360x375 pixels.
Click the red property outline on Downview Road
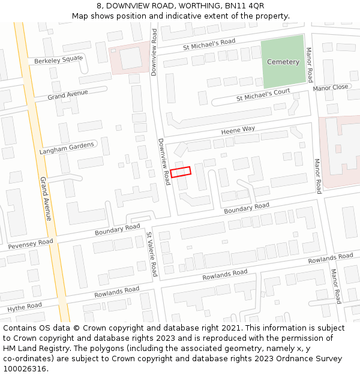[x=181, y=172]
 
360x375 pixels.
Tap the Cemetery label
[x=283, y=62]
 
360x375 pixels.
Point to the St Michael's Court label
[x=263, y=94]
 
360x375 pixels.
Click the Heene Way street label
[x=238, y=129]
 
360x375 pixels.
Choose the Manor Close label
[x=330, y=88]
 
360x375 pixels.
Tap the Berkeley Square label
[x=58, y=60]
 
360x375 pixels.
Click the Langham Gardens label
[x=67, y=148]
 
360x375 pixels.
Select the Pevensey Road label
[x=30, y=244]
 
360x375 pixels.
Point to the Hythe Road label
[x=25, y=307]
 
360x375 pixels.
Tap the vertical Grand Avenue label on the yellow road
[x=46, y=198]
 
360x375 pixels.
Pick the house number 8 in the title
[x=98, y=6]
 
